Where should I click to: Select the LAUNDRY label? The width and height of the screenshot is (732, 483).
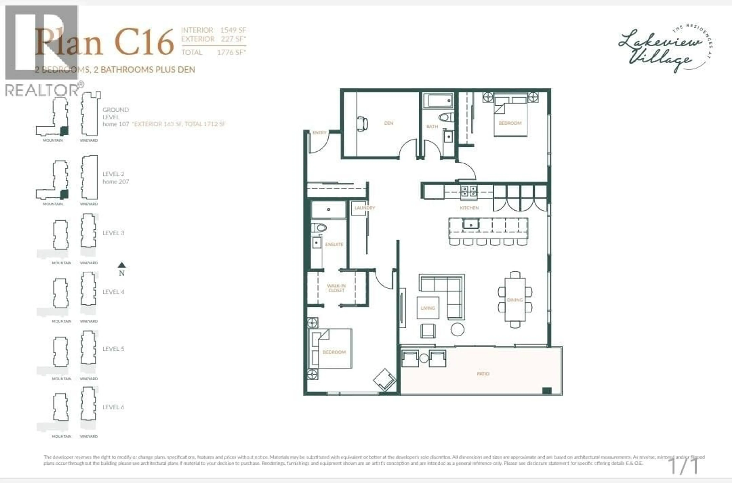click(365, 208)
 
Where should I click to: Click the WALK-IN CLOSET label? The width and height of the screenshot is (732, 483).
click(336, 288)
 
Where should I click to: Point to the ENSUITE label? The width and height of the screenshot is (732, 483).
click(334, 244)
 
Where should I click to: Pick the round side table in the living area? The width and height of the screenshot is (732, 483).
click(457, 329)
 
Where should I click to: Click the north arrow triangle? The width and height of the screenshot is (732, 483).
click(122, 265)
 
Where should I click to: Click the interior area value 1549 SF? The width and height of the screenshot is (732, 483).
click(233, 30)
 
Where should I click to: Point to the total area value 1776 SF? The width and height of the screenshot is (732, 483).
click(231, 52)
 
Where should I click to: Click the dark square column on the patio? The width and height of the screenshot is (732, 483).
click(547, 391)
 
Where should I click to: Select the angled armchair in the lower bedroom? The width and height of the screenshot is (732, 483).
click(384, 380)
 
